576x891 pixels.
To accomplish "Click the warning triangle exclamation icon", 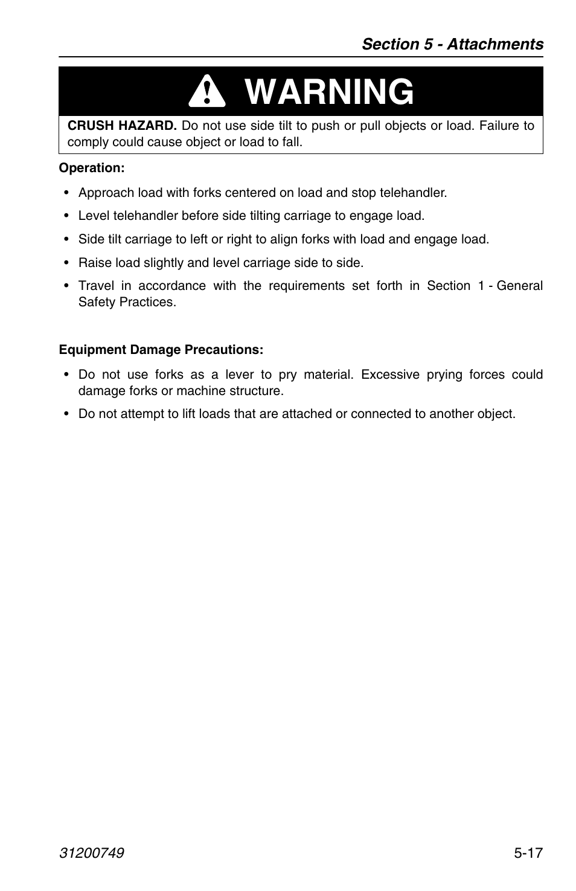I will coord(206,93).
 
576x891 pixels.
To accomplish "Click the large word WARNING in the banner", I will coord(330,92).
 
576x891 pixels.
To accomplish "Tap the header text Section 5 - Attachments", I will coord(452,44).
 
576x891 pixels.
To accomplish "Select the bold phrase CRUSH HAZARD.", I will coord(122,126).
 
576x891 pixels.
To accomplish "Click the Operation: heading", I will coord(92,168).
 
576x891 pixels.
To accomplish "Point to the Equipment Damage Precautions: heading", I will coord(161,350).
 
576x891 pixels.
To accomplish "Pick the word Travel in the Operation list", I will coord(96,286).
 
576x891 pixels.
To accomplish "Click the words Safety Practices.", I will coord(127,302).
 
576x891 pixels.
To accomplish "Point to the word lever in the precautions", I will coord(239,375).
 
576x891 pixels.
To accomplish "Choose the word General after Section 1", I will coord(519,286).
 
